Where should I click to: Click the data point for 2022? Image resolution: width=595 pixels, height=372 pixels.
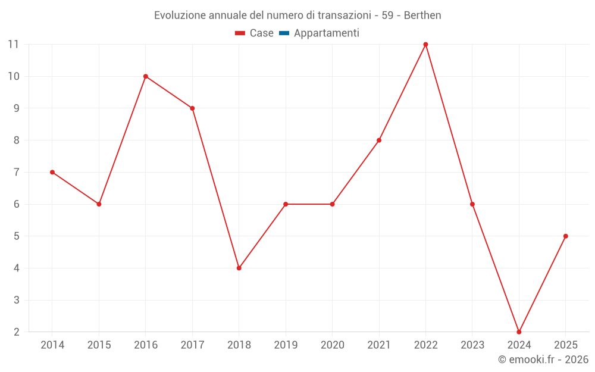[x=425, y=45]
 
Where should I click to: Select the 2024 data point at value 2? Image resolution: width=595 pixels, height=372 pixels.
[x=519, y=332]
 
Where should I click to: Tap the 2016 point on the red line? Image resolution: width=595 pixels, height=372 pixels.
[x=146, y=76]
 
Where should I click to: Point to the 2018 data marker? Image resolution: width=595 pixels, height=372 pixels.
[x=239, y=268]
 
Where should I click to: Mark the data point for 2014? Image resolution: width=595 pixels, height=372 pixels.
[x=52, y=172]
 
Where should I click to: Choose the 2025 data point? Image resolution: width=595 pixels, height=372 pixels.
[x=565, y=236]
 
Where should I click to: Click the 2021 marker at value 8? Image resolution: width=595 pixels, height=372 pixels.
[x=379, y=140]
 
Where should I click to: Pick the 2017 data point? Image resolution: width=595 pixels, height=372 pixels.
[x=192, y=108]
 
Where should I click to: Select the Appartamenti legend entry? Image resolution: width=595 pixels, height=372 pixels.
[x=326, y=33]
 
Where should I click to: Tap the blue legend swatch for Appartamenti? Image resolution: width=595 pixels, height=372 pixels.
[x=284, y=33]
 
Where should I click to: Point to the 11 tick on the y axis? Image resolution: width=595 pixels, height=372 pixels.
[x=13, y=45]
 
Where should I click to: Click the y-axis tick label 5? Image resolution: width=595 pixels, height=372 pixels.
[x=17, y=236]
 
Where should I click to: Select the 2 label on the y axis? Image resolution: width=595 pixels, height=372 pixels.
[x=17, y=332]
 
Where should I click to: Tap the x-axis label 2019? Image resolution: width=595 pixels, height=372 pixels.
[x=286, y=345]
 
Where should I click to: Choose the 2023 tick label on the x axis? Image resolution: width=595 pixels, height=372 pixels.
[x=472, y=345]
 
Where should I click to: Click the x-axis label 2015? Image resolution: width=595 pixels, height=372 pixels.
[x=99, y=345]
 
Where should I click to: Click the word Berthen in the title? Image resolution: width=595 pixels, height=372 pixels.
[x=422, y=15]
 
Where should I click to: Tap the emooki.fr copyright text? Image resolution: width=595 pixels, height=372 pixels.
[x=543, y=360]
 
